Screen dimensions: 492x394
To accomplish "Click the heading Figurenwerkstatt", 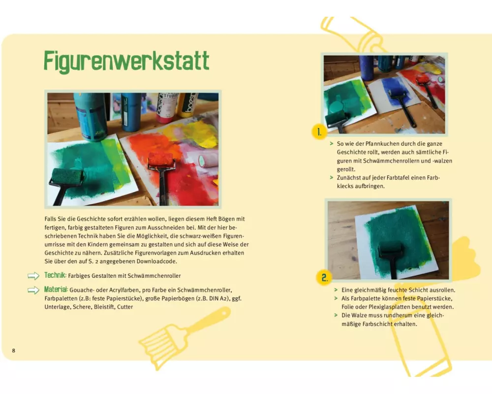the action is point(126,61).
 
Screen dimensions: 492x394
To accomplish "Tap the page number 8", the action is point(13,351).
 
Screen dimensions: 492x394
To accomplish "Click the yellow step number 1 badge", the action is point(319,132).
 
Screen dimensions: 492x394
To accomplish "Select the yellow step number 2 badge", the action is point(324,278).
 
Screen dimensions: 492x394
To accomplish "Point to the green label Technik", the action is point(55,275).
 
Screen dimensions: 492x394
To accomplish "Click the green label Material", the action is point(56,290).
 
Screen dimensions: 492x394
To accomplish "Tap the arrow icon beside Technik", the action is point(33,276).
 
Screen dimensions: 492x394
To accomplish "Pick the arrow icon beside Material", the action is point(33,290).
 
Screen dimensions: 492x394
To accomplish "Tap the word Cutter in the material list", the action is point(125,307).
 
